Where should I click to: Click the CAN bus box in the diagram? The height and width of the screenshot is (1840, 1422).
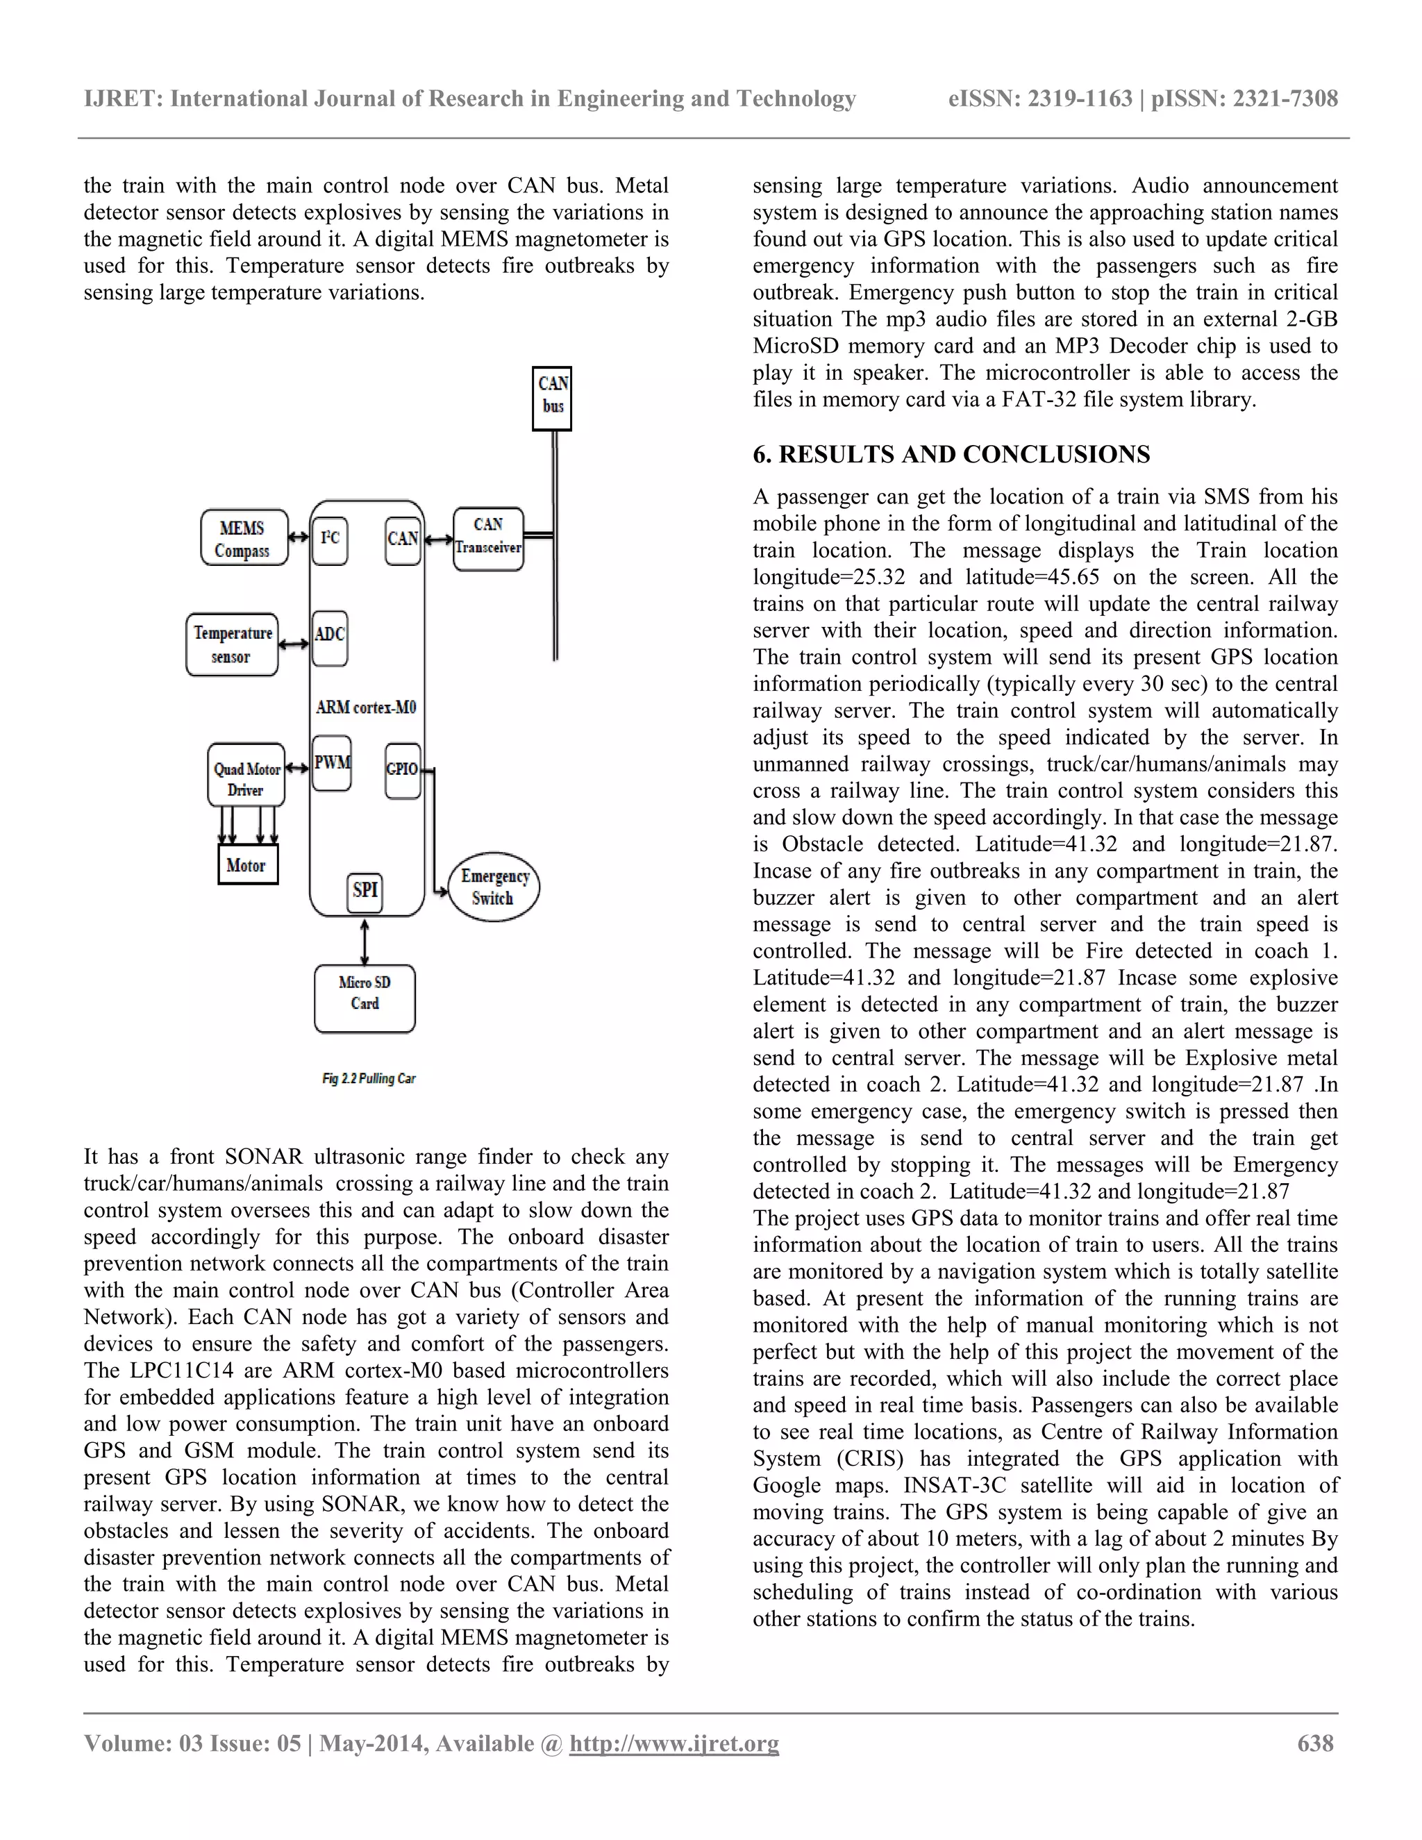(552, 398)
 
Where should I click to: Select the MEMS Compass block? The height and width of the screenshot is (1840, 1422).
(244, 538)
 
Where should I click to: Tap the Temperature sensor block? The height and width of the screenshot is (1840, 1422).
(233, 644)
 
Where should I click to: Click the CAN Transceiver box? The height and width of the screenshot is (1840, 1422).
(487, 538)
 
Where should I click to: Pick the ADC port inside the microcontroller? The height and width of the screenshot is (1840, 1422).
(329, 636)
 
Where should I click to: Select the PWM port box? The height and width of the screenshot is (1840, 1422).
(331, 762)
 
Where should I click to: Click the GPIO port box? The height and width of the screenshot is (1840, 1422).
(402, 769)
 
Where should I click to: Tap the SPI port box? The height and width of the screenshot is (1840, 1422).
(365, 892)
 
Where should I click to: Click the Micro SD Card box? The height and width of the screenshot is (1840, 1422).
(365, 998)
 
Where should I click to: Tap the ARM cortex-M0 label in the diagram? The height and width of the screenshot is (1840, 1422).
(366, 708)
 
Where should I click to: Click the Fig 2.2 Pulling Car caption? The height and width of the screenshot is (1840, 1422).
(368, 1078)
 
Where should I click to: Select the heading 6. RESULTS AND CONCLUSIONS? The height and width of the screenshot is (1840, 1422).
(951, 455)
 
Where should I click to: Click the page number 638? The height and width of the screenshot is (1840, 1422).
(1315, 1743)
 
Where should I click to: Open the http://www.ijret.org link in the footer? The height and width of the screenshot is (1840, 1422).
(674, 1743)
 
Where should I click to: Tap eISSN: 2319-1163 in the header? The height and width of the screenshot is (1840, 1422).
(1039, 99)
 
